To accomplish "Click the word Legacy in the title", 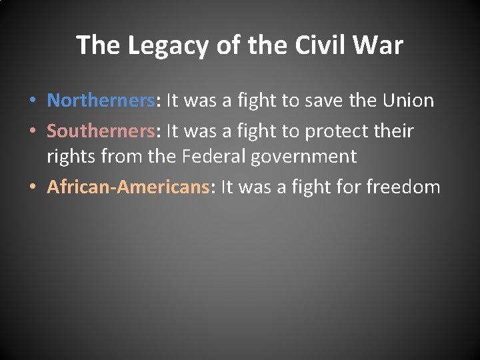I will pyautogui.click(x=169, y=46).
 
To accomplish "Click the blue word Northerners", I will pyautogui.click(x=101, y=101).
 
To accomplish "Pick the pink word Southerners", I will pyautogui.click(x=101, y=131).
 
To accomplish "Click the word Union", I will pyautogui.click(x=409, y=101).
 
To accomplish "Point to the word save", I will pyautogui.click(x=327, y=101).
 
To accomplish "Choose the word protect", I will pyautogui.click(x=335, y=131).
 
